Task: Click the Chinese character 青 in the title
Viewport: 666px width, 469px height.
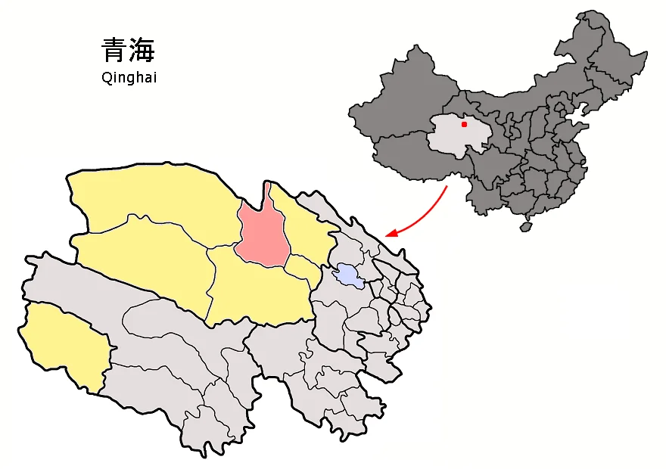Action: click(x=114, y=51)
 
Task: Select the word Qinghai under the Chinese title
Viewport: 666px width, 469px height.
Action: click(x=129, y=77)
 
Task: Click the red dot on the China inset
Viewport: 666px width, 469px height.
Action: click(x=464, y=124)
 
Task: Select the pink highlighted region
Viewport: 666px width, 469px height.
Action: click(x=260, y=234)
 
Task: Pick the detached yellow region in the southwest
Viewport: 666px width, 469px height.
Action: click(x=64, y=344)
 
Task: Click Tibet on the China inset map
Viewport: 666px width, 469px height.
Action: click(x=401, y=155)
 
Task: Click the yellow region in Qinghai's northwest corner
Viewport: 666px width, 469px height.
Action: click(x=151, y=197)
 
